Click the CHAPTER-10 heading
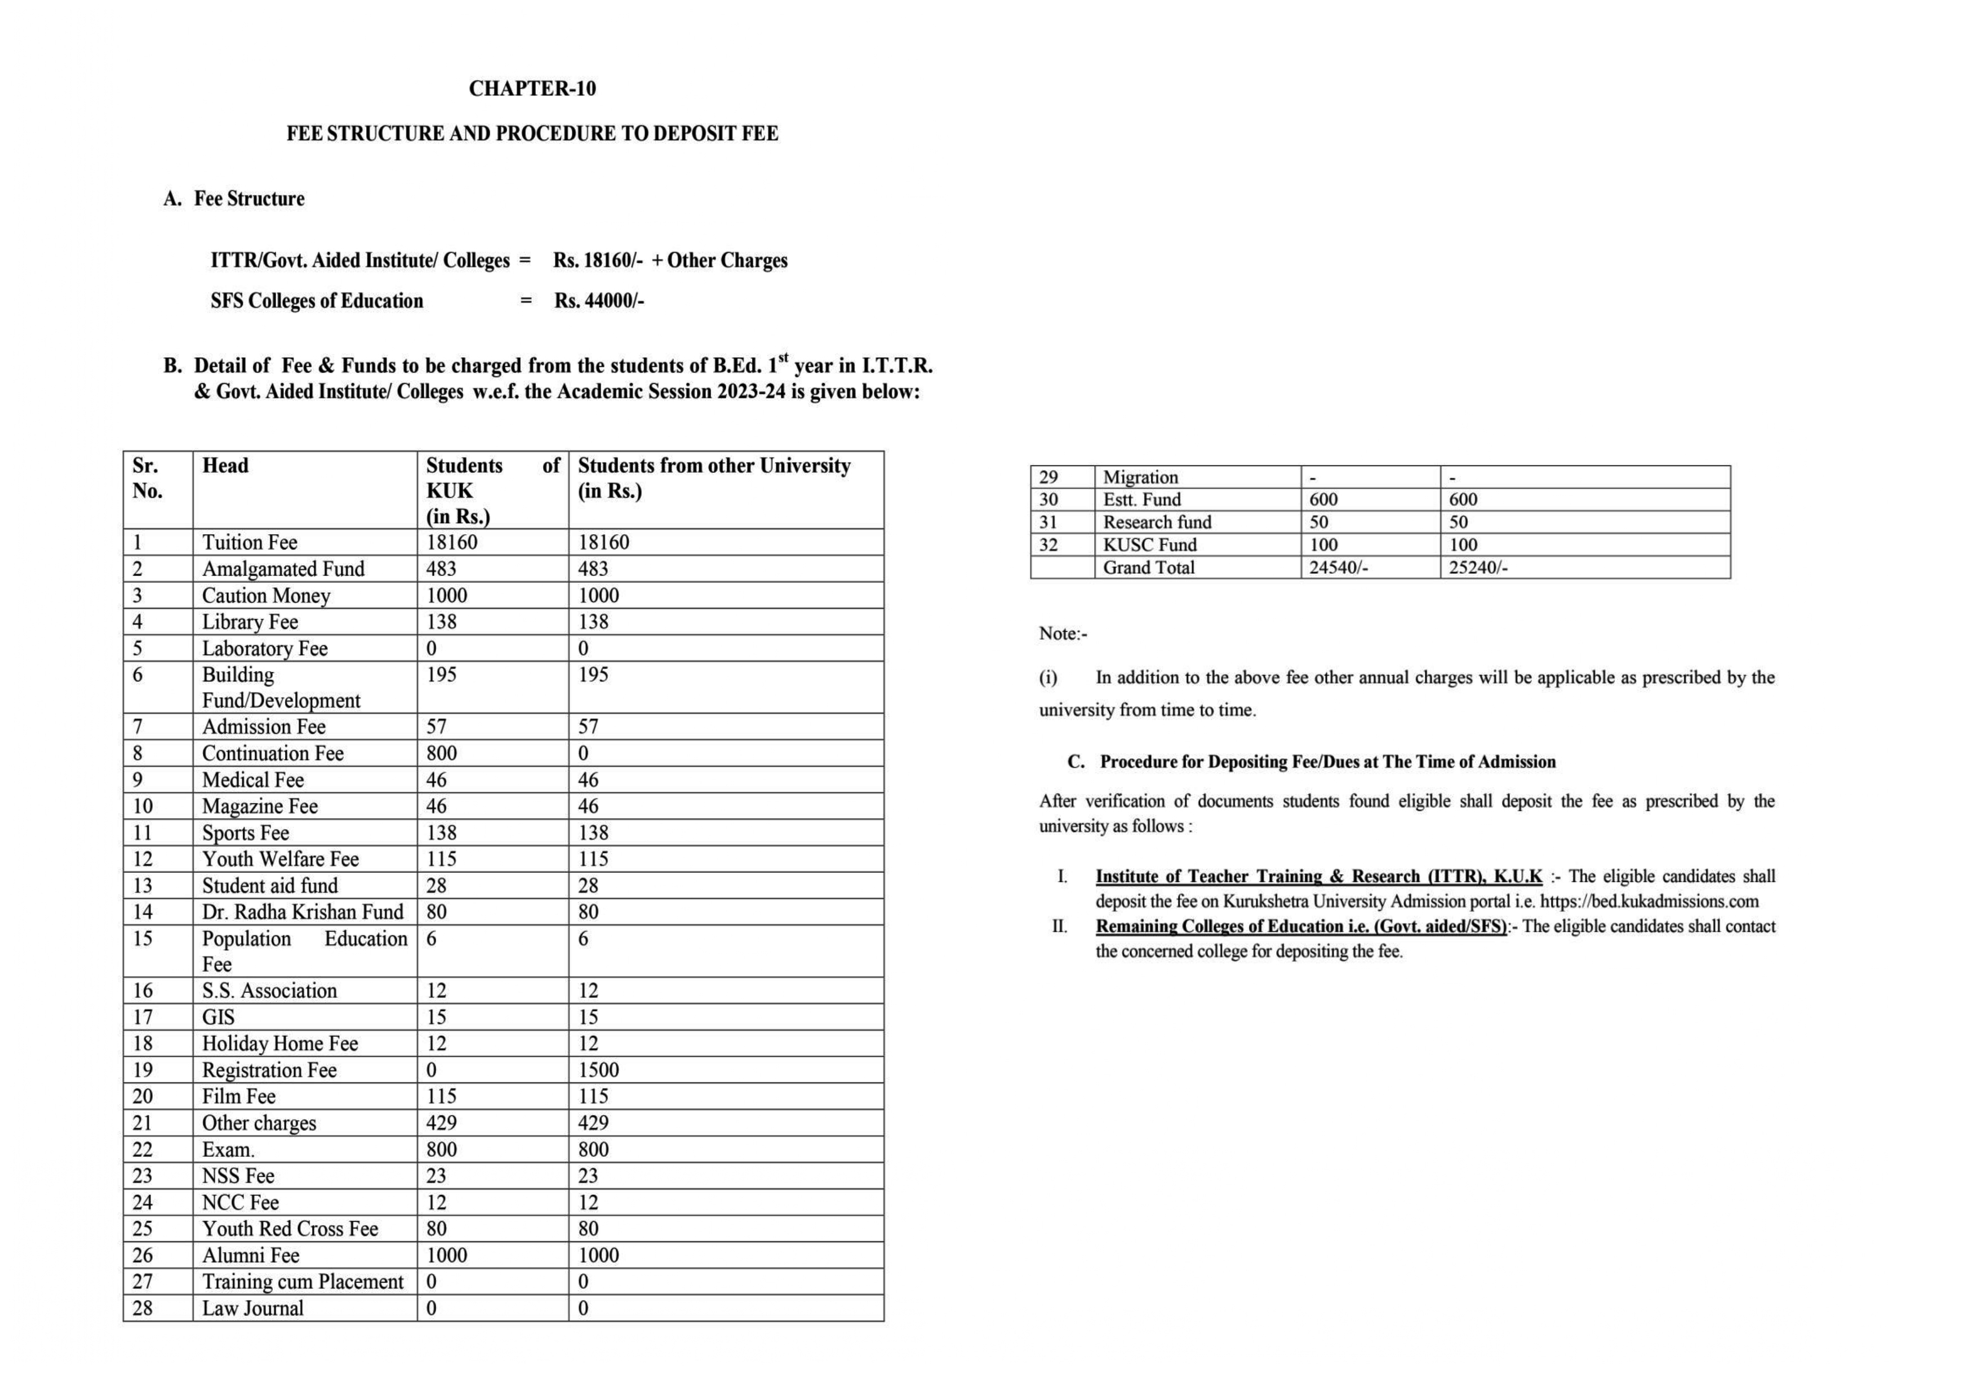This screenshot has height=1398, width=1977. tap(532, 88)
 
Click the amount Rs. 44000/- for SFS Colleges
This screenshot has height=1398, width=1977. tap(599, 301)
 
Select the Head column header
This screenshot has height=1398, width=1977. tap(225, 466)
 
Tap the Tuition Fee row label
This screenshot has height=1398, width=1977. tap(250, 543)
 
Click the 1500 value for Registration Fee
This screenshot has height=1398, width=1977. tap(598, 1071)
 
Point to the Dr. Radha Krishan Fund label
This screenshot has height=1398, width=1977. tap(302, 912)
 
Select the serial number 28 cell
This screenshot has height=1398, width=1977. tap(143, 1308)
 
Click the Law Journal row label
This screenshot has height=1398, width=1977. tap(253, 1308)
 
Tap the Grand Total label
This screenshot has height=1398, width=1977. tap(1149, 567)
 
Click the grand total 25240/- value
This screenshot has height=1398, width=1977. tap(1478, 567)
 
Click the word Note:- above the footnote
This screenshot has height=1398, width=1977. tap(1063, 634)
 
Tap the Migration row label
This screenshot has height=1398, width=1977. tap(1140, 477)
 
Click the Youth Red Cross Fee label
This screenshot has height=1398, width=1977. tap(290, 1229)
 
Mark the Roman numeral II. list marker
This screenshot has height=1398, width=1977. tap(1059, 927)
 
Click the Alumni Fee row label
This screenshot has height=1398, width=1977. tap(251, 1256)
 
